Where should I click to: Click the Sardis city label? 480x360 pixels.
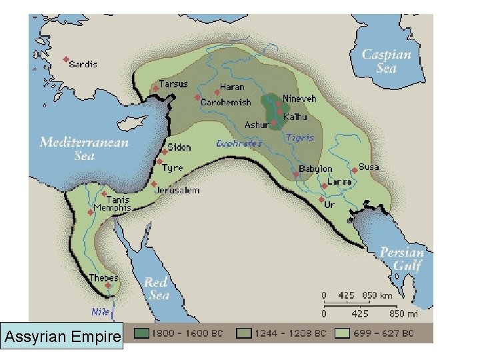[x=83, y=64]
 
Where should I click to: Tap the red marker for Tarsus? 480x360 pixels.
[x=155, y=87]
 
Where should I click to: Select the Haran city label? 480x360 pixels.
[x=232, y=87]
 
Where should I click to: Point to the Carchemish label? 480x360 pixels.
[x=226, y=103]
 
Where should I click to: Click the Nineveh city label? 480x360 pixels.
[x=299, y=98]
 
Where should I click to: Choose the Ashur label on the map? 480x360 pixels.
[x=256, y=125]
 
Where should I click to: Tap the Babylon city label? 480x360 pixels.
[x=315, y=169]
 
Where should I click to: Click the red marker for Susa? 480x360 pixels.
[x=355, y=171]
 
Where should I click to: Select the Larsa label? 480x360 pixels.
[x=340, y=181]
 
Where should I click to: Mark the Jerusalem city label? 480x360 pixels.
[x=177, y=190]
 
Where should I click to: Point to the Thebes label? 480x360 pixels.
[x=103, y=277]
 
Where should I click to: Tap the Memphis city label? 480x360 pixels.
[x=112, y=207]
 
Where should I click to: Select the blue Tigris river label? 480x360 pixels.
[x=300, y=138]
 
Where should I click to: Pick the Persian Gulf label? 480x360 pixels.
[x=401, y=259]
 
